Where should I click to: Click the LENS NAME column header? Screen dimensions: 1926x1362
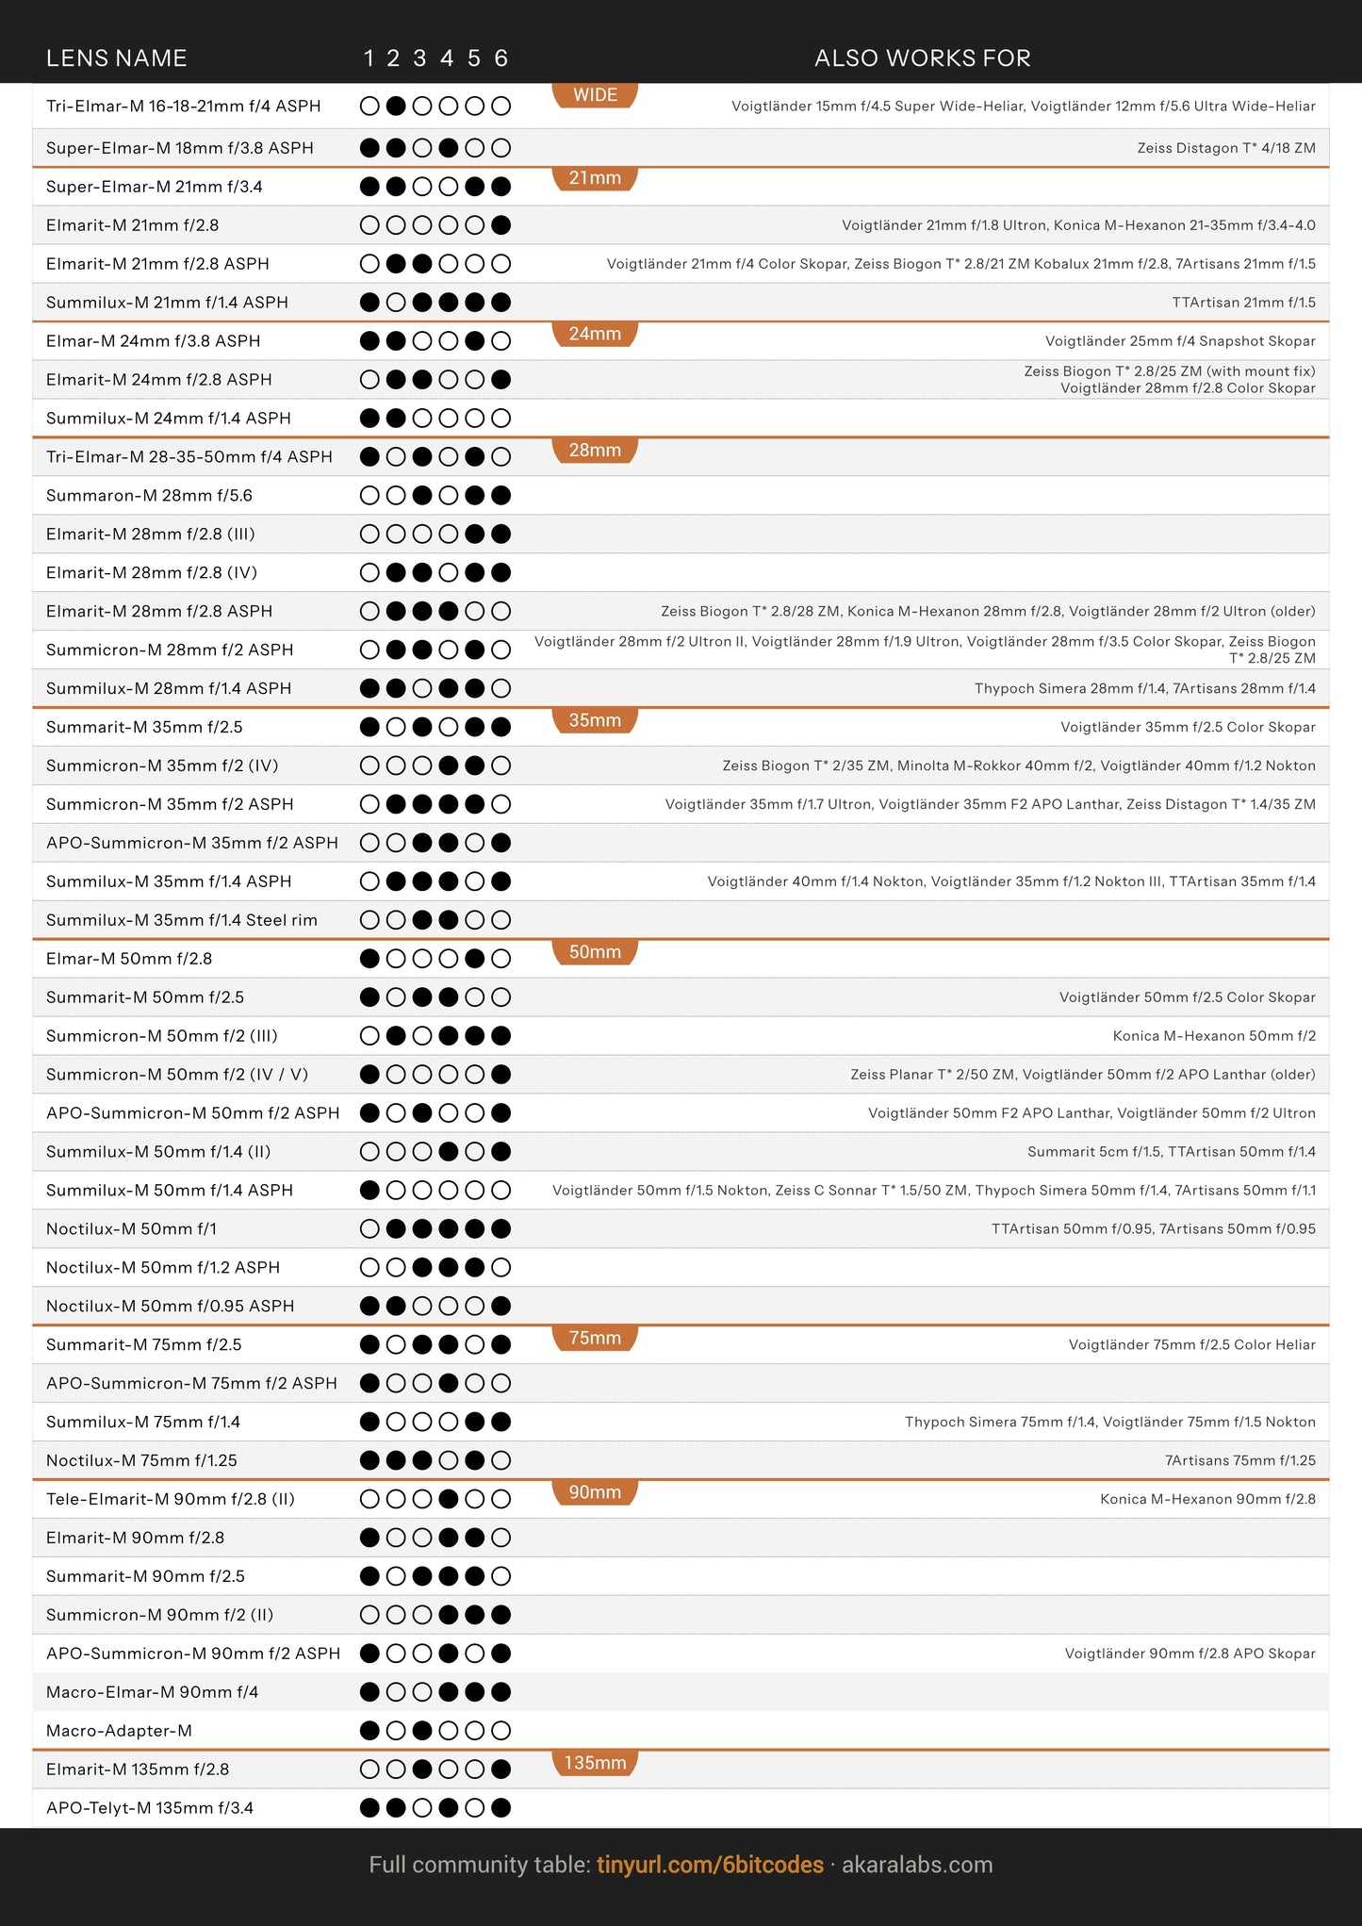coord(116,58)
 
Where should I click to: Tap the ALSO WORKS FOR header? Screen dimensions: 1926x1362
coord(922,58)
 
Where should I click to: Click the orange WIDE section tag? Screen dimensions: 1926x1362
coord(595,95)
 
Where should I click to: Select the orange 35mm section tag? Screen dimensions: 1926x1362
coord(595,720)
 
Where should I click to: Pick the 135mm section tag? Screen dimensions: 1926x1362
coord(595,1763)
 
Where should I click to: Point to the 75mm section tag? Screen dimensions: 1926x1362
coord(595,1338)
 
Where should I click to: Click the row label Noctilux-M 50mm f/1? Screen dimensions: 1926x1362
coord(131,1229)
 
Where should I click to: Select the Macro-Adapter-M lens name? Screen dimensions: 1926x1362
coord(119,1731)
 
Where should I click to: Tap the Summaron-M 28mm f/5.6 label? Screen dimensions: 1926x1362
coord(149,496)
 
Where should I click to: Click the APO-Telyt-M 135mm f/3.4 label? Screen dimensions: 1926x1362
coord(149,1808)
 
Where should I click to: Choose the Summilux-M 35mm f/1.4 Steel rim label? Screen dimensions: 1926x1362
coord(181,920)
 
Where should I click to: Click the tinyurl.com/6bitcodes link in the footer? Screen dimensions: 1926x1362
coord(710,1865)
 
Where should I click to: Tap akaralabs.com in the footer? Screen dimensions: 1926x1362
coord(916,1865)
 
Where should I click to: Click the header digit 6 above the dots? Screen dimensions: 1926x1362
coord(501,58)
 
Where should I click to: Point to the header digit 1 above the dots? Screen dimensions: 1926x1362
coord(369,58)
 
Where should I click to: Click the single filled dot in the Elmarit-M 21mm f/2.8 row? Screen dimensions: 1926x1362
coord(501,225)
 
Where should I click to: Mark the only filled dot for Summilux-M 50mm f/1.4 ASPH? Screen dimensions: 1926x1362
coord(369,1191)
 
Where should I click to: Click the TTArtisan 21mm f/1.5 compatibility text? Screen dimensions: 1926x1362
coord(1243,303)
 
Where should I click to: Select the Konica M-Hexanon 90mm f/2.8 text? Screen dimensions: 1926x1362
coord(1207,1499)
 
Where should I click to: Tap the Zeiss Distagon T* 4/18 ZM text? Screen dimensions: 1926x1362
coord(1225,148)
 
